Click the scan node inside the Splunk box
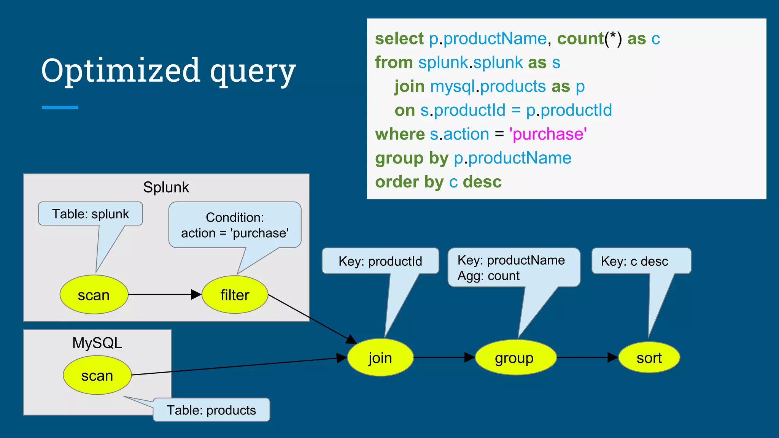click(x=94, y=295)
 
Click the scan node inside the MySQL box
click(x=97, y=375)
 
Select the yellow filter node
click(x=235, y=295)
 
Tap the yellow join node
click(x=380, y=357)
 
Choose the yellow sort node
click(x=649, y=357)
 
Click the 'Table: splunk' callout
click(x=91, y=214)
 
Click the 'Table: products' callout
click(x=211, y=410)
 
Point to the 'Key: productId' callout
click(x=380, y=261)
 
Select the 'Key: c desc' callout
click(x=634, y=261)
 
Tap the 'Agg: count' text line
click(x=488, y=276)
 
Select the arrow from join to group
click(x=444, y=357)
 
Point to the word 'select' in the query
click(x=399, y=39)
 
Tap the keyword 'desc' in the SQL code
click(x=482, y=182)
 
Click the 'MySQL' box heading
click(x=97, y=343)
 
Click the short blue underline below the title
click(x=60, y=108)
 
